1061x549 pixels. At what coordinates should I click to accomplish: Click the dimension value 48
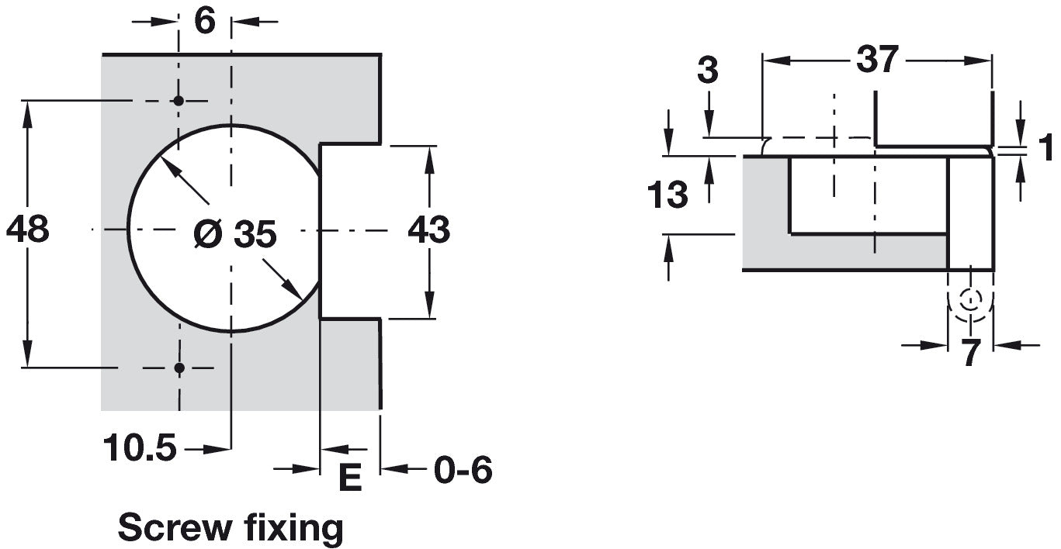27,229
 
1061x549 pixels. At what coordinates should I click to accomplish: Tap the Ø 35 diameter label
235,233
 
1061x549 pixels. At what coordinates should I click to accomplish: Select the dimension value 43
428,230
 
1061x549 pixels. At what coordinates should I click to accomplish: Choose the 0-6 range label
463,470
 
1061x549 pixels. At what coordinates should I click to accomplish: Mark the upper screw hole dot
179,101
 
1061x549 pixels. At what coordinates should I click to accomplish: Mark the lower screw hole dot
179,368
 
